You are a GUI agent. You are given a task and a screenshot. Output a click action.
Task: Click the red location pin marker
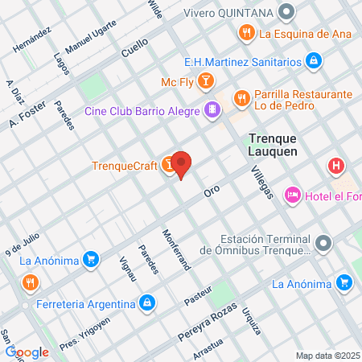click(x=183, y=165)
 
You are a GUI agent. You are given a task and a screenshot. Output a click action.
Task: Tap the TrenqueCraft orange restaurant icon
click(x=168, y=165)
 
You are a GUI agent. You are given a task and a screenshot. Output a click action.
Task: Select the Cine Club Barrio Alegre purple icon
click(x=212, y=109)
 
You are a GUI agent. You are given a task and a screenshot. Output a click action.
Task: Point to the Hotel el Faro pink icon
click(x=293, y=195)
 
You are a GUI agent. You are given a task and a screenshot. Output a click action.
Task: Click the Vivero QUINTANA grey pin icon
click(x=286, y=11)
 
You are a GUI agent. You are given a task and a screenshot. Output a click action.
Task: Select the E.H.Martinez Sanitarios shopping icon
click(x=314, y=60)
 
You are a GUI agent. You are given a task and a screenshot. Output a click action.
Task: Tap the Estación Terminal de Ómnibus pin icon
click(x=323, y=242)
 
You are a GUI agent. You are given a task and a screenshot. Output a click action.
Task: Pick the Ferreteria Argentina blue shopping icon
click(x=146, y=303)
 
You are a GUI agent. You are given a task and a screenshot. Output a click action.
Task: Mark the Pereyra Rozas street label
click(x=208, y=319)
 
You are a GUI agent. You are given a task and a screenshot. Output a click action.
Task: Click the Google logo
click(x=27, y=352)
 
